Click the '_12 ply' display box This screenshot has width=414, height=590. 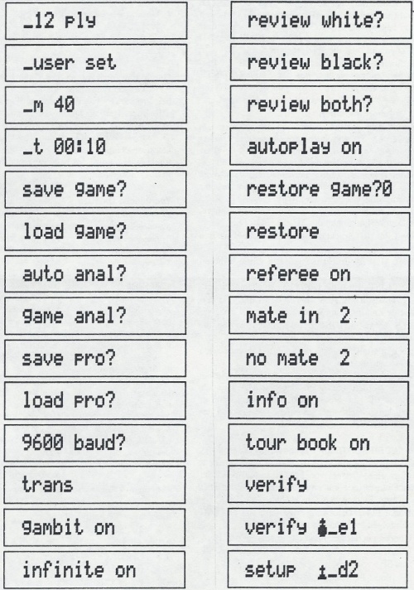[96, 21]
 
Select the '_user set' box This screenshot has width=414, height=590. [96, 62]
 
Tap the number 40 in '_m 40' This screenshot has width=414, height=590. [65, 104]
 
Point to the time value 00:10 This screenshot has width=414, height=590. [79, 147]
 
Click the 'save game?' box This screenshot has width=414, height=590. [95, 189]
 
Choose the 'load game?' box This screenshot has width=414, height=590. [95, 231]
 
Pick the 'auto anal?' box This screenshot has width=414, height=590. [95, 273]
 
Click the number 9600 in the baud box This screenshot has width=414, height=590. [42, 442]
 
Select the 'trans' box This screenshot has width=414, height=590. [94, 485]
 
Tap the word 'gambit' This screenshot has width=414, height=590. [53, 528]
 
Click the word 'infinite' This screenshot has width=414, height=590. [63, 569]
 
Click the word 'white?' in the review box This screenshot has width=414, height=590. [353, 20]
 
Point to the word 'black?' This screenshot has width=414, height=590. [352, 62]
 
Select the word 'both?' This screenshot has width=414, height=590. [346, 104]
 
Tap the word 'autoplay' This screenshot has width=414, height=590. [288, 147]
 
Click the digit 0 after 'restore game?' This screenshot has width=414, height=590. [387, 189]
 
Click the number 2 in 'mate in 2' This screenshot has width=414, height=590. [344, 316]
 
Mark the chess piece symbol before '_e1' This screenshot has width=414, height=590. [322, 529]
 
